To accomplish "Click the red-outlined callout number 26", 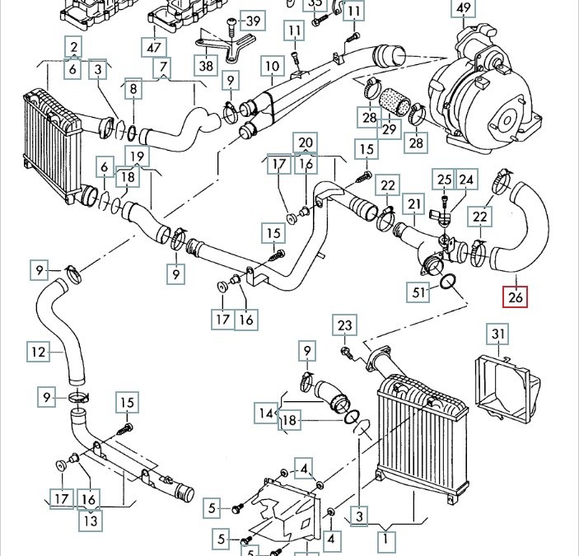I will click(516, 296).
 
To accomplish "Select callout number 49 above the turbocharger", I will click(464, 9).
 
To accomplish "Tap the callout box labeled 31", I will click(497, 334).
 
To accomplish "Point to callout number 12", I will click(38, 353).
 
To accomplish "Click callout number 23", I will click(345, 326).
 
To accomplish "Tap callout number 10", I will click(272, 65).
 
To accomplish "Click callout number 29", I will click(389, 130).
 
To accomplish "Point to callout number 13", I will click(89, 520).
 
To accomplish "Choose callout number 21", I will click(413, 204).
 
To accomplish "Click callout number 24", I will click(467, 179).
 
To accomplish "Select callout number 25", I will click(445, 179).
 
